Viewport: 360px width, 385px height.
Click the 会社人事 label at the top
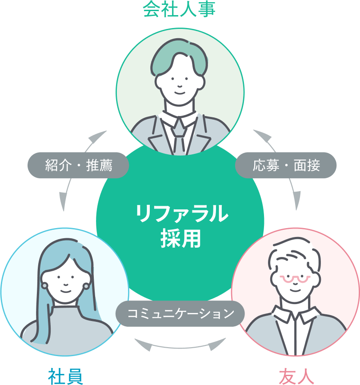coord(179,8)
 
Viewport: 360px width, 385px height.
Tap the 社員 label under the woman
coord(65,376)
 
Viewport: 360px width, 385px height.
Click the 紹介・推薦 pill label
coord(78,166)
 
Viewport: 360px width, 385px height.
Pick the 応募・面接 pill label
coord(286,166)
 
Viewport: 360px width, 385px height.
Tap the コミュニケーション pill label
coord(180,314)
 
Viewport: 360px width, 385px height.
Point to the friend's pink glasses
coord(295,279)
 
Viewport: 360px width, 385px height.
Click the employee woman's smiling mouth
coord(65,291)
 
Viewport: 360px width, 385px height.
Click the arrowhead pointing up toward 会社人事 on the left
coord(99,136)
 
